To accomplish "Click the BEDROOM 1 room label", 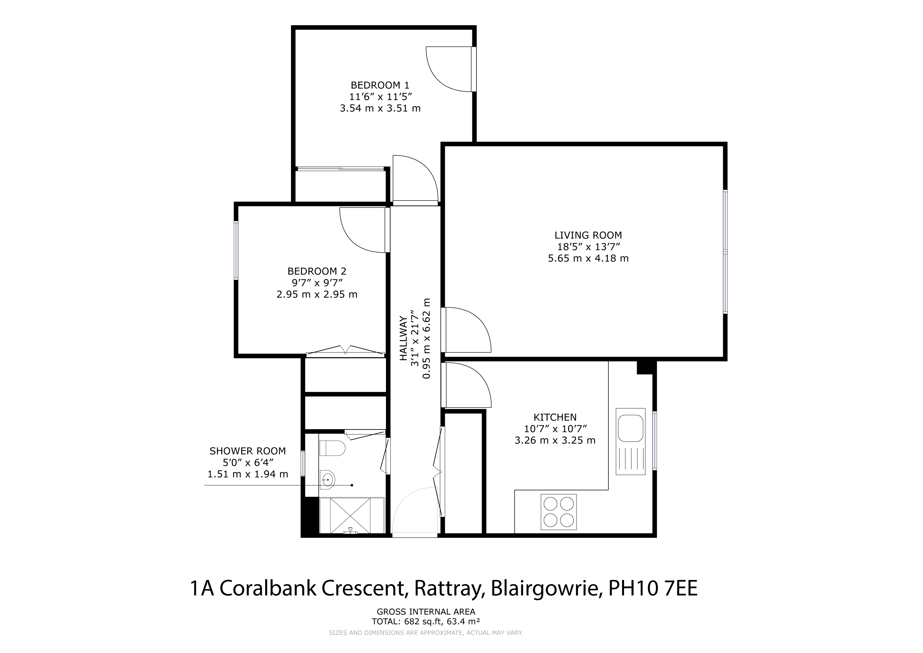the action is [x=380, y=85].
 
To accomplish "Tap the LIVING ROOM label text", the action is [x=588, y=235].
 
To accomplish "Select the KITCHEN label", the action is [x=555, y=417].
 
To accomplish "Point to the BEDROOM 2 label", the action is [x=317, y=271].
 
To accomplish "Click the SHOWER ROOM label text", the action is [x=248, y=451].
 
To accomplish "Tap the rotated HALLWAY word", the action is [x=403, y=339].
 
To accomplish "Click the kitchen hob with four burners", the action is [x=558, y=512].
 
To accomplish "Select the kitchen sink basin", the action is [x=630, y=429].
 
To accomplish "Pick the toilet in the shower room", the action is [x=332, y=448].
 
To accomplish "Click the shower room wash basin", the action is [x=327, y=479].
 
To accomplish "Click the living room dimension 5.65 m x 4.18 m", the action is [x=588, y=258].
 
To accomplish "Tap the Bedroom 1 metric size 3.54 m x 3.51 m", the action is [x=380, y=108].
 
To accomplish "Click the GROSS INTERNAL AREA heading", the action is [x=426, y=612].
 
